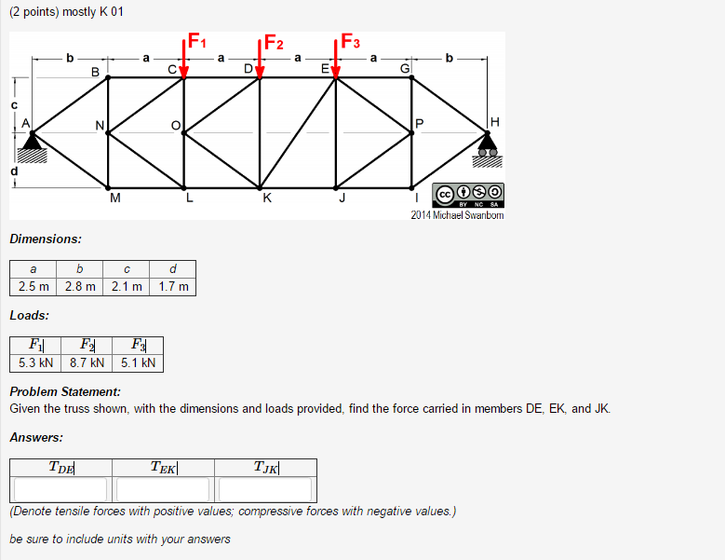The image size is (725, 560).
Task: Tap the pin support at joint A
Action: pos(34,144)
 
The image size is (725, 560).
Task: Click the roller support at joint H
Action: pos(487,144)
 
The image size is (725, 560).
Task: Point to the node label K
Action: pos(268,197)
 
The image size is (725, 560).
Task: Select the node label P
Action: pos(420,124)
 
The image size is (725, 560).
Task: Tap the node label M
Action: pos(114,198)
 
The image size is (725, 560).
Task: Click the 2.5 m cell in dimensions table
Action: pos(34,286)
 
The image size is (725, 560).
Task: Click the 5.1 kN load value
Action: pos(139,362)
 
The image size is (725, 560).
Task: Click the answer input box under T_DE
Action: pos(61,489)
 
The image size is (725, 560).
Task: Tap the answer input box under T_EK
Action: pos(164,489)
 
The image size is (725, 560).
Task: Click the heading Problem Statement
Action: pos(65,392)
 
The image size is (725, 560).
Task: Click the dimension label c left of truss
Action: pos(14,105)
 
